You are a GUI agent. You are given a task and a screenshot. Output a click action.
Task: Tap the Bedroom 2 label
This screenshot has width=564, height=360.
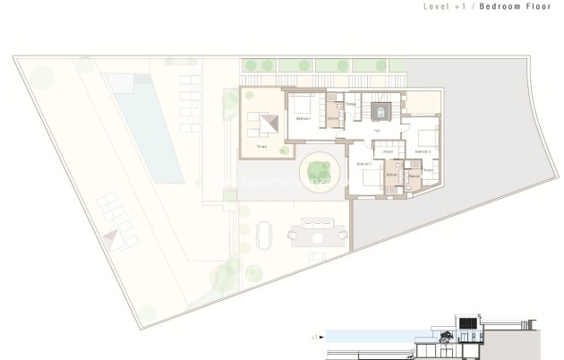pos(363,165)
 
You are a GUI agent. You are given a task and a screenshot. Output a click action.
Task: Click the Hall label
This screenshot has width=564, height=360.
pos(377,132)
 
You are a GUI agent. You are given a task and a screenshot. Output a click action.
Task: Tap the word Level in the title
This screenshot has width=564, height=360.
pos(434,6)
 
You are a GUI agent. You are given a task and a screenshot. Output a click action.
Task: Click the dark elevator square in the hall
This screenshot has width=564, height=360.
pos(379,112)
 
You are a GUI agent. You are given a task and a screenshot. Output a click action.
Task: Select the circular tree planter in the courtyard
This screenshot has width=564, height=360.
pos(319,167)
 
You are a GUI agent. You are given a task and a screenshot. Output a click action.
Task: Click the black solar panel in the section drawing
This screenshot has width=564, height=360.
pos(466,322)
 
